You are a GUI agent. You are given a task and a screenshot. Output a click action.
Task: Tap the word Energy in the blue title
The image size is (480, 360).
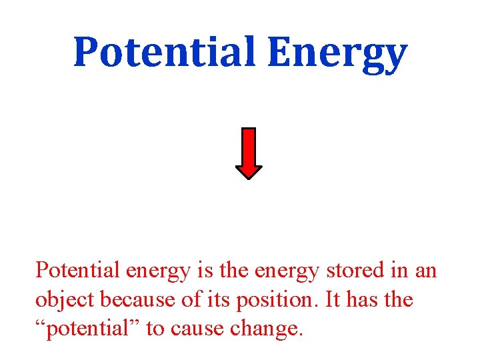[337, 53]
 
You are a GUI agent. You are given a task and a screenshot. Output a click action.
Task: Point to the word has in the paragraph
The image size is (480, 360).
[363, 300]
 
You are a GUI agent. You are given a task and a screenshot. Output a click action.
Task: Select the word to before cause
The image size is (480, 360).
[155, 329]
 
